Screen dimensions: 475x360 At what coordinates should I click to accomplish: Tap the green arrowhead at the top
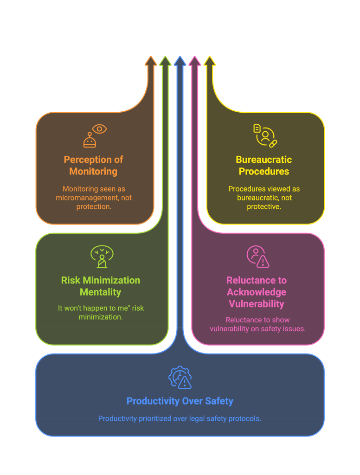tap(165, 61)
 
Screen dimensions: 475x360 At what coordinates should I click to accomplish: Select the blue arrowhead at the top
tap(180, 61)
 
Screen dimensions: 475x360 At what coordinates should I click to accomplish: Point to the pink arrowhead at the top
tap(195, 61)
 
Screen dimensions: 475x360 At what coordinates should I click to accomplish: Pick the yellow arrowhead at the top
tap(210, 61)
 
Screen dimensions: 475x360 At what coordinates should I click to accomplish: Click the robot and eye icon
tap(94, 135)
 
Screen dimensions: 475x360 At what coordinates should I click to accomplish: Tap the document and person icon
tap(265, 135)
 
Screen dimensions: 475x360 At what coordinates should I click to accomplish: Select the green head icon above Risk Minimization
tap(102, 257)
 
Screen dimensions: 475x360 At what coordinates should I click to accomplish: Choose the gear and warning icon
tap(180, 377)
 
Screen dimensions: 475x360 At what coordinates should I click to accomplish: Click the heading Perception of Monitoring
tap(94, 166)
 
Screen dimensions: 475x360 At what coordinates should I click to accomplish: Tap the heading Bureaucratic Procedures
tap(264, 166)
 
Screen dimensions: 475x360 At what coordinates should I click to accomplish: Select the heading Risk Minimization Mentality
tap(101, 286)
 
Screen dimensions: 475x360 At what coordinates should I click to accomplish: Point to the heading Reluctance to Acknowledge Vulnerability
tap(257, 292)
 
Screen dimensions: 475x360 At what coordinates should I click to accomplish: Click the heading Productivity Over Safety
tap(180, 401)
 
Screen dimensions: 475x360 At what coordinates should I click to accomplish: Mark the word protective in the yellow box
tap(264, 206)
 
